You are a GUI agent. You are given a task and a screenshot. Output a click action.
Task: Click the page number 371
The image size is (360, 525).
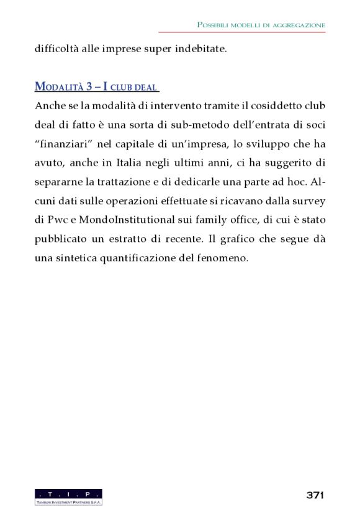pyautogui.click(x=315, y=495)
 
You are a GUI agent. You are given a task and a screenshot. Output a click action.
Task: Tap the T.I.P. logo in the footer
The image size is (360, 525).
pyautogui.click(x=68, y=497)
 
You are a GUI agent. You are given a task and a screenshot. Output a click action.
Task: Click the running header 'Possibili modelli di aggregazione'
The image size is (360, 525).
pyautogui.click(x=261, y=25)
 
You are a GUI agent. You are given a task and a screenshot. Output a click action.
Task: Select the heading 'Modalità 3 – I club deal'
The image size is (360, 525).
pyautogui.click(x=96, y=86)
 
